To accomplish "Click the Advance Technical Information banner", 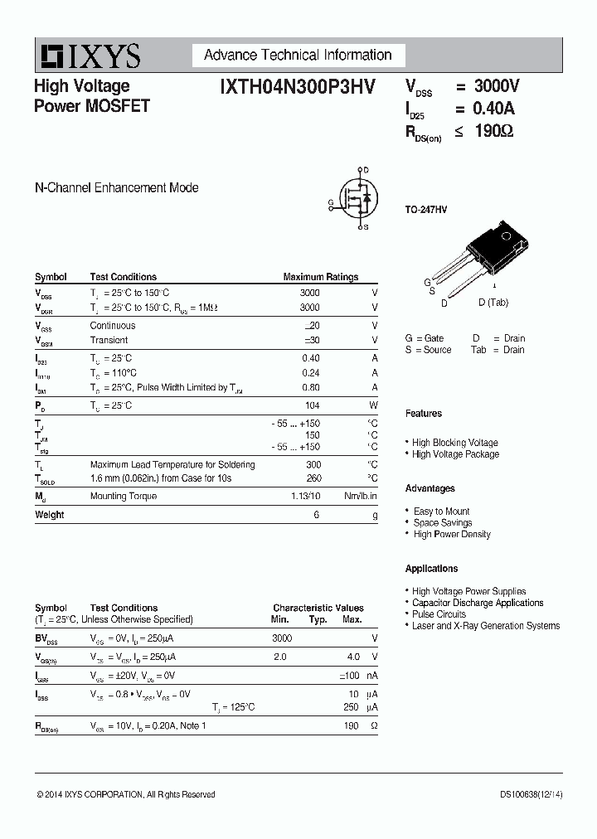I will click(x=298, y=56).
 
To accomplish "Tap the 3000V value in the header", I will click(x=497, y=86).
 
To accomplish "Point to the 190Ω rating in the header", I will click(x=493, y=131).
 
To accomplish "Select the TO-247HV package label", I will click(x=426, y=211).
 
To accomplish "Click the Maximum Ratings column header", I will click(x=320, y=277).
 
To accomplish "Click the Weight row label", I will click(x=50, y=515).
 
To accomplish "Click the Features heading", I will click(x=424, y=413).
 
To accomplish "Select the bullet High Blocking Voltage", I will click(x=454, y=443).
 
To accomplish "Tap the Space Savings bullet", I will click(x=443, y=523).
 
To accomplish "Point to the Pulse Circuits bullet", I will click(x=439, y=614).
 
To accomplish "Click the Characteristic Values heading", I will click(x=318, y=608).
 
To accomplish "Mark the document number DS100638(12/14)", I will click(x=531, y=794).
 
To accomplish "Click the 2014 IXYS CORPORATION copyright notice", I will click(x=126, y=794).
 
